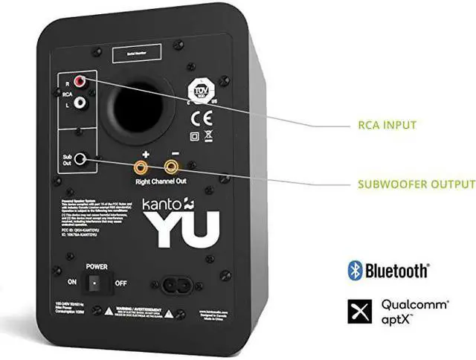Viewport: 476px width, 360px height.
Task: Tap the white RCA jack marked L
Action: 91,106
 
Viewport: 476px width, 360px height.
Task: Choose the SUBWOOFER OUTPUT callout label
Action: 416,184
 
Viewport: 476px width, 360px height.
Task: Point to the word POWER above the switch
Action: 97,265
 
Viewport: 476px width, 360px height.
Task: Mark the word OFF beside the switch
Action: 120,283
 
